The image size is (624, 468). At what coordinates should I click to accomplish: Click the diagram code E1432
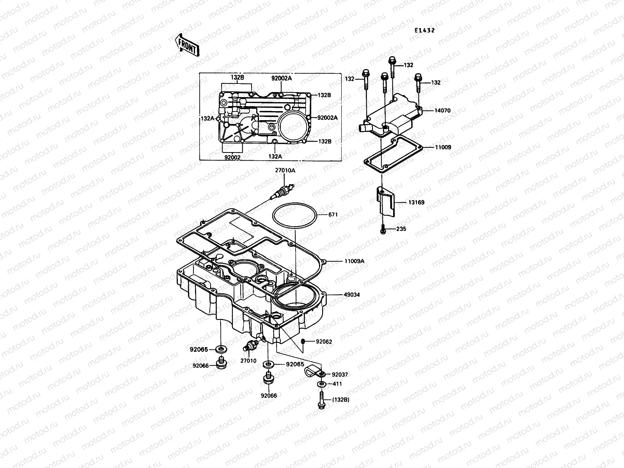424,30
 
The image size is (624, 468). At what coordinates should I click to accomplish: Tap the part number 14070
442,111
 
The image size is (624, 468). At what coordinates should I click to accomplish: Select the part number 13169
416,203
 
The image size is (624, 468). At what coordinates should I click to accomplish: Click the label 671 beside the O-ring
333,215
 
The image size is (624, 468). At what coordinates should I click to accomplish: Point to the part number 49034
351,295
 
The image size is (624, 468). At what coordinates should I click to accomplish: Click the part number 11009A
354,261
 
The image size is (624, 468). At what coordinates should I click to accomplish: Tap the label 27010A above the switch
285,170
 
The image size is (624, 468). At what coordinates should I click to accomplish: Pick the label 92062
324,342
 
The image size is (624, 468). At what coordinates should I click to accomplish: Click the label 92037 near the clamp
339,374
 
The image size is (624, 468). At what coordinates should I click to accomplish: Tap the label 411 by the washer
337,384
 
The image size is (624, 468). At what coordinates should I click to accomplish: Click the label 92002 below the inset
232,157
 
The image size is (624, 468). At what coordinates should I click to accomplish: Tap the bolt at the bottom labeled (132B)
321,401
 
